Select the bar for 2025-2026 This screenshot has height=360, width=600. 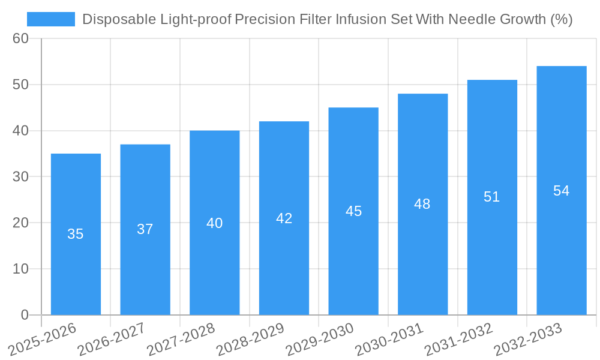pos(76,234)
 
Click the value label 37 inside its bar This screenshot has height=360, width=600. pos(145,229)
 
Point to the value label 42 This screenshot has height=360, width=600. pos(284,218)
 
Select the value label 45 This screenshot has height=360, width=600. pos(353,211)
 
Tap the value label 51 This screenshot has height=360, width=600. pos(492,197)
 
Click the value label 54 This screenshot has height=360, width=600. pos(562,191)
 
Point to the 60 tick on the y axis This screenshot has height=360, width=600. pos(20,38)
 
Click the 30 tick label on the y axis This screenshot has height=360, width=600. pos(20,177)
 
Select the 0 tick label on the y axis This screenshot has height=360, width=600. pos(25,315)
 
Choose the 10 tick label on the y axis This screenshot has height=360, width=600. pos(20,269)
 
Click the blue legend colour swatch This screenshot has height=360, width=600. pos(51,19)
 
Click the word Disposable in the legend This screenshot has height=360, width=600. pos(113,20)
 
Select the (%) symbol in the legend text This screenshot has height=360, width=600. pos(561,20)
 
